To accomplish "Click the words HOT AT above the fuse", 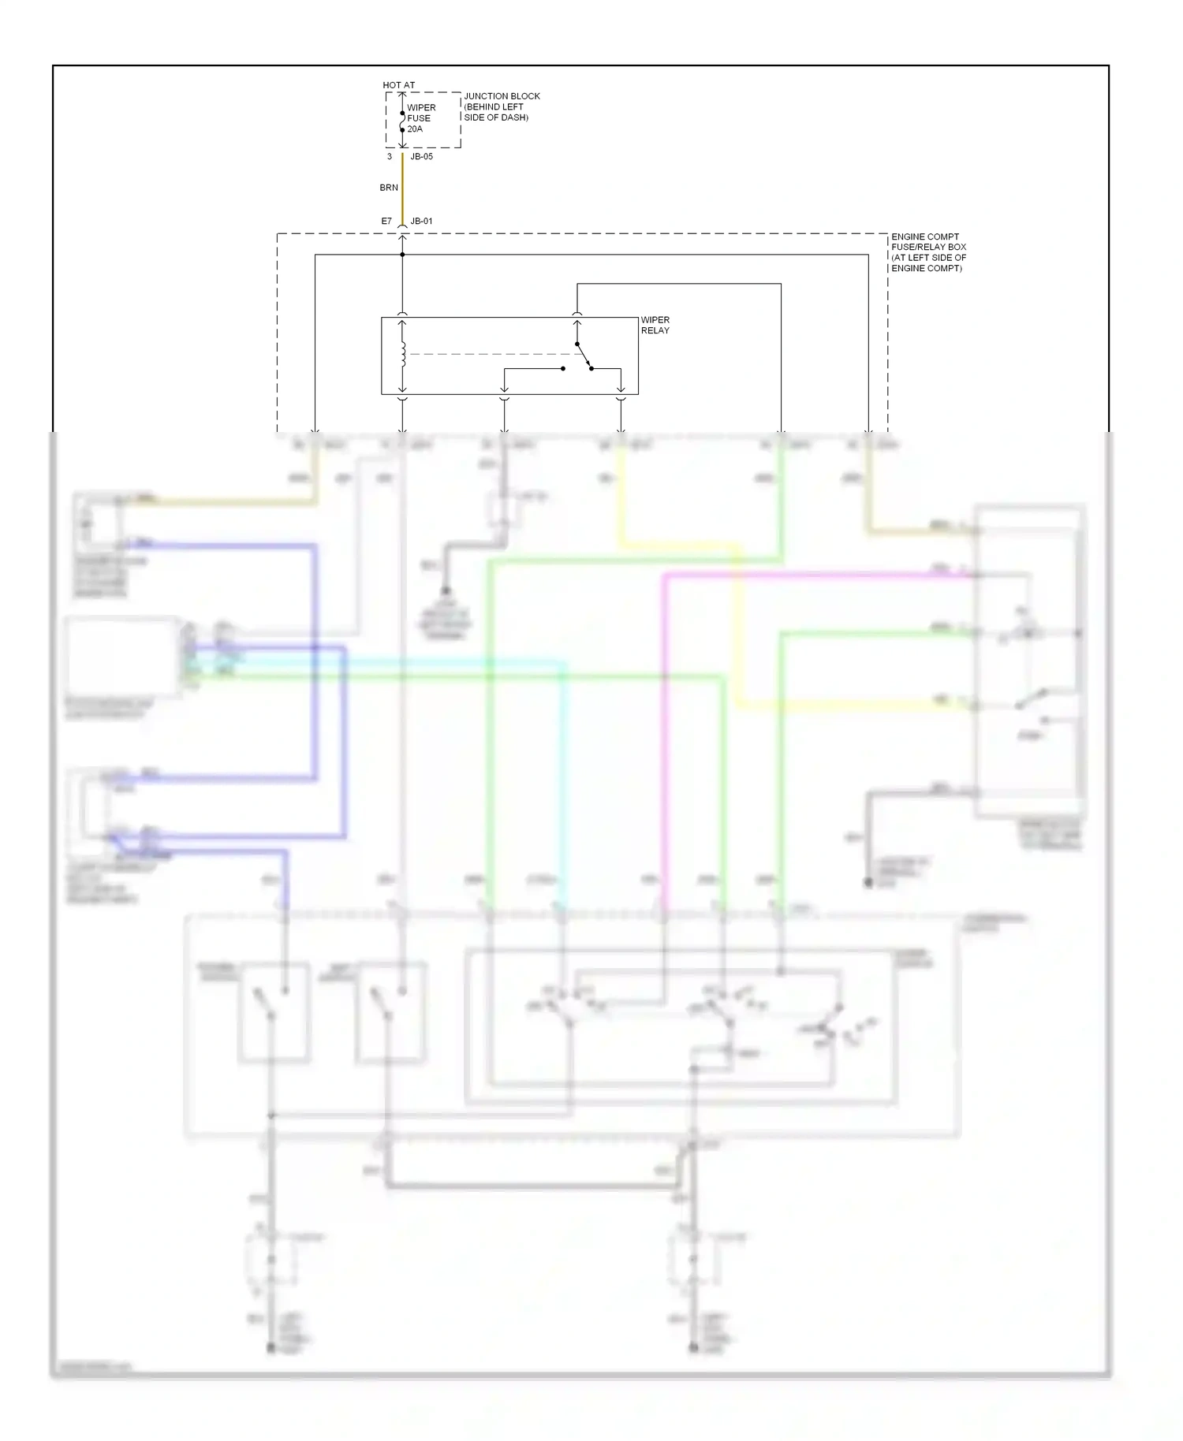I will coord(398,85).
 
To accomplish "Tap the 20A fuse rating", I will coord(415,129).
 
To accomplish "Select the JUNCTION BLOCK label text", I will coord(502,96).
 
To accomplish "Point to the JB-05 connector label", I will coord(421,157).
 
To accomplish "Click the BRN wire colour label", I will coord(389,188).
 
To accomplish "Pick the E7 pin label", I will coord(386,222).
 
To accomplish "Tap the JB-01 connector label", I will coord(421,222).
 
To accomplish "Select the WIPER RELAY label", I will coord(655,325).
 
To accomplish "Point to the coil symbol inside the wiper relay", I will coord(403,354).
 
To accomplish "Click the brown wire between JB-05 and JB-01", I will coord(402,189).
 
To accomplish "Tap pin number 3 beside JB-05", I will coord(390,157).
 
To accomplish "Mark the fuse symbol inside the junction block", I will coord(402,121).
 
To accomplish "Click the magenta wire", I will coord(789,575).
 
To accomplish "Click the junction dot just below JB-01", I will coord(402,255).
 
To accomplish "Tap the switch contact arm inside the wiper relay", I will coord(584,356).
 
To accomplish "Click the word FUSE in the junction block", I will coord(419,118).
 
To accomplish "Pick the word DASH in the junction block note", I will coord(516,117).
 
